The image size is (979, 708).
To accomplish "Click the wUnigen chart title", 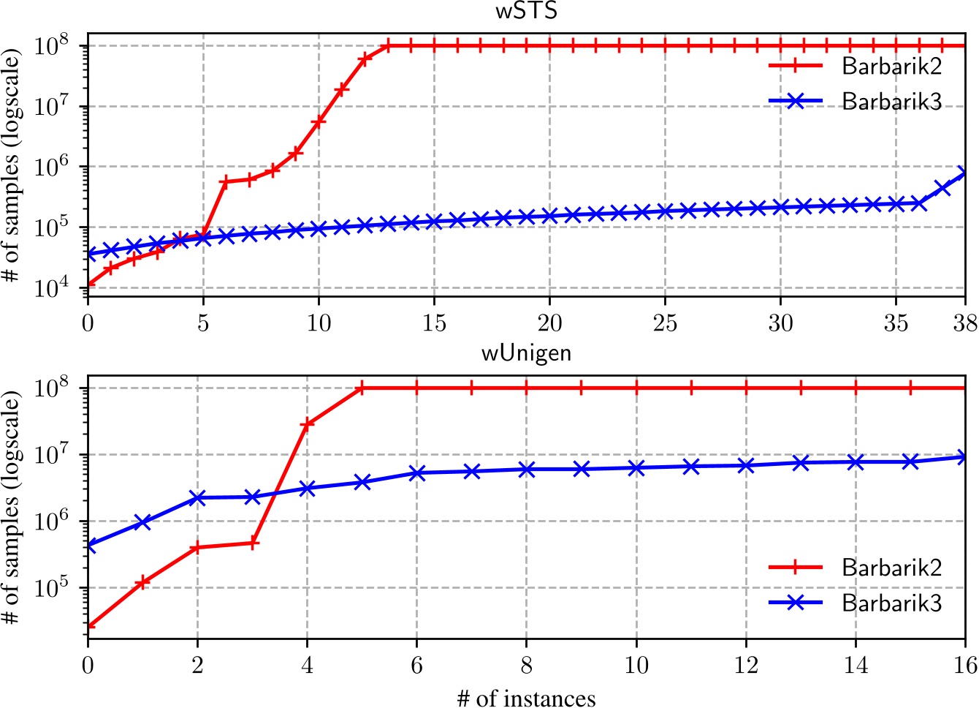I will pyautogui.click(x=526, y=354).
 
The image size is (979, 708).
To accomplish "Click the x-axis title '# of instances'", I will pyautogui.click(x=526, y=698).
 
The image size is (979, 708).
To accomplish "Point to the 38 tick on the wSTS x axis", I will pyautogui.click(x=965, y=323).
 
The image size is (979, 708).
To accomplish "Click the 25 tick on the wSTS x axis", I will pyautogui.click(x=665, y=323).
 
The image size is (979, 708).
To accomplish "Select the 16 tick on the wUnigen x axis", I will pyautogui.click(x=965, y=664).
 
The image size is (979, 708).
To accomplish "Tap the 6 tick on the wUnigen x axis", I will pyautogui.click(x=416, y=664).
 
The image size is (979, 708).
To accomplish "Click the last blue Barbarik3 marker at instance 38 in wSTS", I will pyautogui.click(x=965, y=173).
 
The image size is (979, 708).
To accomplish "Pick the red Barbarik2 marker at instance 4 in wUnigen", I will pyautogui.click(x=307, y=423).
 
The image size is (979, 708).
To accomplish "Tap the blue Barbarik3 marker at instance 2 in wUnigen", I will pyautogui.click(x=197, y=498).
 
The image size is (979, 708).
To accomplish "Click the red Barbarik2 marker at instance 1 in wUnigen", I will pyautogui.click(x=142, y=583).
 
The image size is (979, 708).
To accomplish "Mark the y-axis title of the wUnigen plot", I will pyautogui.click(x=13, y=509).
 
